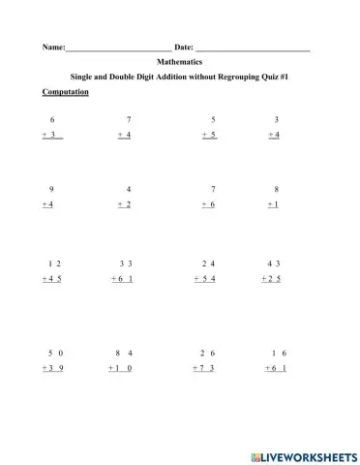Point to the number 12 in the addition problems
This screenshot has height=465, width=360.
coord(54,263)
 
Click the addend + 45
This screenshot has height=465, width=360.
coord(52,279)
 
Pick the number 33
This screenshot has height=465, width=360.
coord(126,263)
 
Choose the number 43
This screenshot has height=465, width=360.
coord(274,263)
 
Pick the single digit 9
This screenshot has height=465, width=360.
coord(50,189)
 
